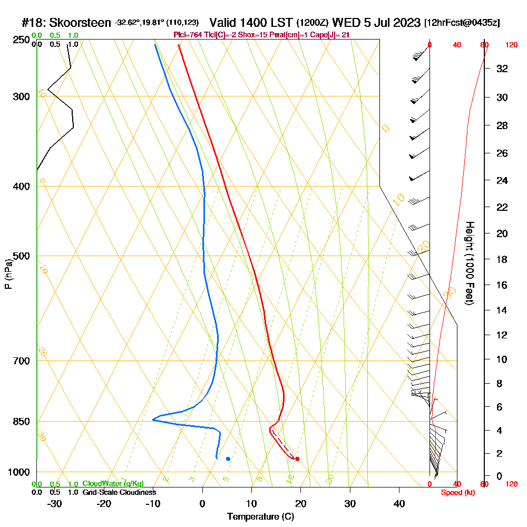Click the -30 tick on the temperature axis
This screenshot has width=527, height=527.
point(55,504)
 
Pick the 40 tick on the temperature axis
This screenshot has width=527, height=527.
point(399,504)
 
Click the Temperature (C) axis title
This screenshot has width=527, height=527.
point(260,517)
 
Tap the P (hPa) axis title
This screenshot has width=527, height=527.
point(8,274)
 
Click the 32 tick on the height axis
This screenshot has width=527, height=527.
point(502,69)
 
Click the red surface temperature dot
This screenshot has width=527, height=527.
point(297,458)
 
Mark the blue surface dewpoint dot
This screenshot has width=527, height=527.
point(228,458)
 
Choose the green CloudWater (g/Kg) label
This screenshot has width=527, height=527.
point(113,484)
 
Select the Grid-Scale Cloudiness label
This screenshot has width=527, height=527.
point(119,492)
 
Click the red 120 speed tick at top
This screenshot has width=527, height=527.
point(511,45)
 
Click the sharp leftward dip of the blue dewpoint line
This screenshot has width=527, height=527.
point(153,419)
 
